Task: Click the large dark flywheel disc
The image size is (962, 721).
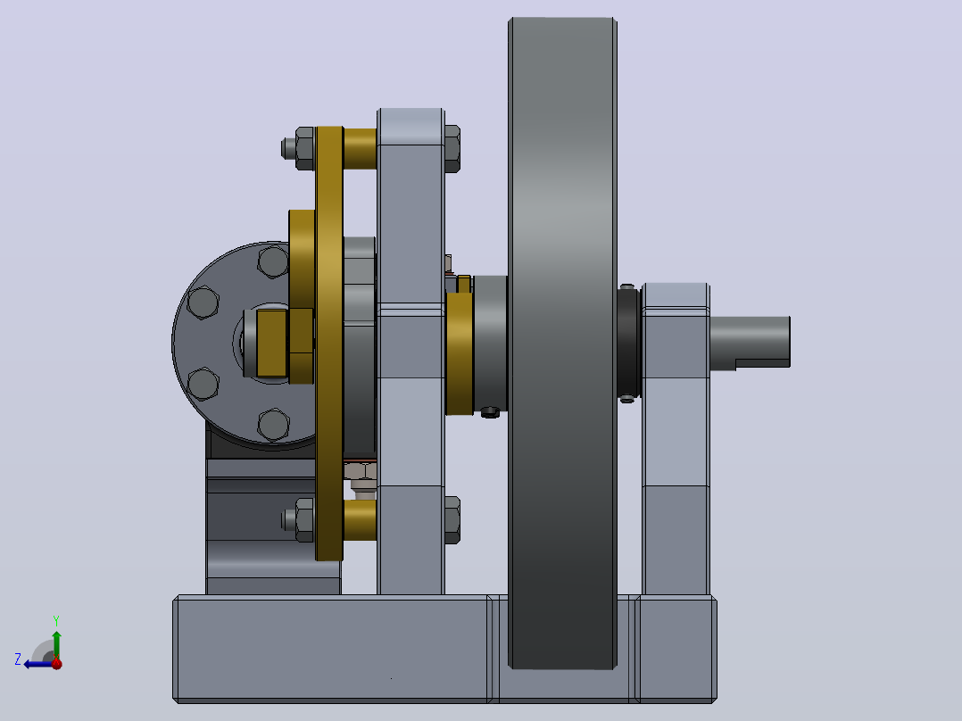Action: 562,344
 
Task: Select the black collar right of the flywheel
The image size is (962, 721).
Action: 629,344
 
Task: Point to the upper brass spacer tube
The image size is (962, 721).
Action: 361,148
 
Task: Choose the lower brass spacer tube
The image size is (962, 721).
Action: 361,520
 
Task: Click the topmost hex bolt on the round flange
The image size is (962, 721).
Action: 273,261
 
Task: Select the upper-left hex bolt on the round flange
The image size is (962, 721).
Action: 203,302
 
